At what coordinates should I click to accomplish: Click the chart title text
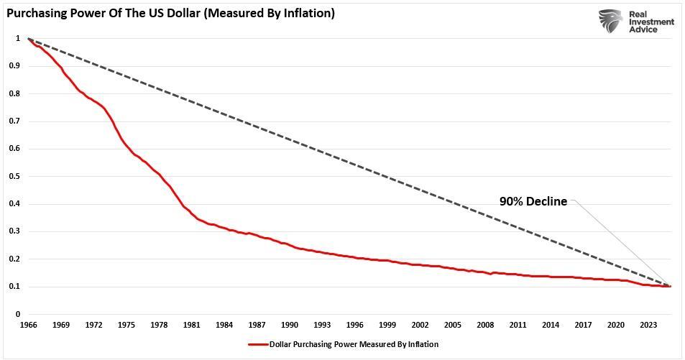click(x=170, y=13)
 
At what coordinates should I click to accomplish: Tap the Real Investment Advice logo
click(x=637, y=22)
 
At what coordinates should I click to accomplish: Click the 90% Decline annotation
click(x=533, y=202)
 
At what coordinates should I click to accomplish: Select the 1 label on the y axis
click(x=17, y=38)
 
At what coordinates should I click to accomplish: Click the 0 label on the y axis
click(x=17, y=314)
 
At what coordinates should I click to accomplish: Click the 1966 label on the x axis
click(x=28, y=326)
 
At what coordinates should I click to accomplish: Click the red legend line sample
click(x=257, y=344)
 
